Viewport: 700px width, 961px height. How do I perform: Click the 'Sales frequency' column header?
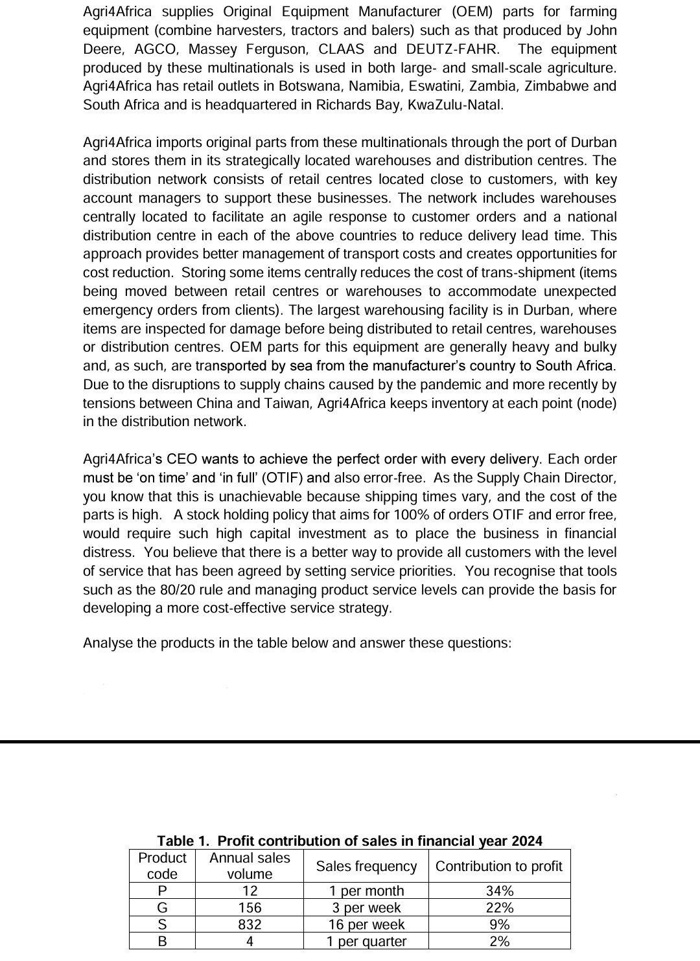(366, 866)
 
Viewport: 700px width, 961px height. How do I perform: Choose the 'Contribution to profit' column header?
(499, 866)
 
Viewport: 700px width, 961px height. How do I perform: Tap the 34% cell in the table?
(499, 891)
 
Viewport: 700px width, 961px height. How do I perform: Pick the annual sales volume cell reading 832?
(250, 925)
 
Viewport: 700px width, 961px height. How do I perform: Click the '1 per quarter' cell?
(366, 942)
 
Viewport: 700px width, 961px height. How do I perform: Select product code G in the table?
(162, 908)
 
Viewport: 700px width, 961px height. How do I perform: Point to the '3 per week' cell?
(366, 908)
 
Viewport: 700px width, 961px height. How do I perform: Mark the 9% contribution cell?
(499, 925)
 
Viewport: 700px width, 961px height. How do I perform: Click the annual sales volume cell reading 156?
(250, 908)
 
